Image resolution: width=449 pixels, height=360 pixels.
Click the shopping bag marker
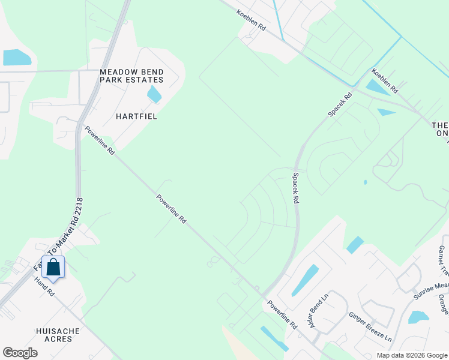tap(53, 268)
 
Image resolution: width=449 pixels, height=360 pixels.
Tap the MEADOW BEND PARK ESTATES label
tap(131, 76)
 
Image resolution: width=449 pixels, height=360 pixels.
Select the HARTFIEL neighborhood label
tap(137, 116)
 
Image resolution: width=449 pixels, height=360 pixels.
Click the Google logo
tap(20, 353)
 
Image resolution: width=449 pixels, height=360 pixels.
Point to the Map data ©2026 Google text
tap(411, 355)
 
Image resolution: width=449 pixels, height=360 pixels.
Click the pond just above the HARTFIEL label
tap(154, 94)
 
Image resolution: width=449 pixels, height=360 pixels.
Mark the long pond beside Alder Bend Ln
tap(305, 280)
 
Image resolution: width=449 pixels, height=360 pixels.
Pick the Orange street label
tap(443, 304)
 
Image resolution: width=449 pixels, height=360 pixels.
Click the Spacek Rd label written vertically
tap(295, 188)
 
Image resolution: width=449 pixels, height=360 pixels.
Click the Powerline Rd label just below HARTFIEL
tap(100, 140)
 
